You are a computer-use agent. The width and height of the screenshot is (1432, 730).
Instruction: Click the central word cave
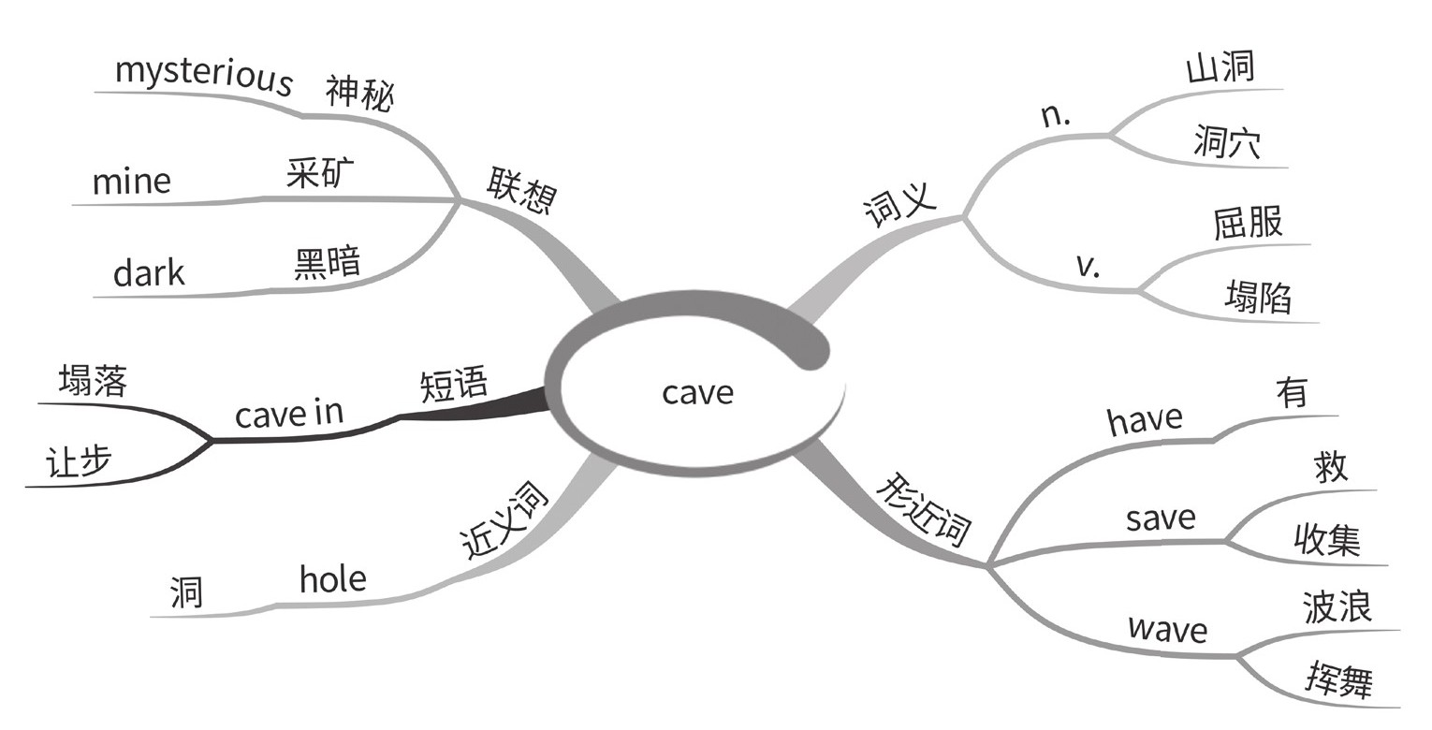pyautogui.click(x=697, y=392)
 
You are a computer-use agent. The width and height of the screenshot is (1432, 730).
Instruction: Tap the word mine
pyautogui.click(x=131, y=180)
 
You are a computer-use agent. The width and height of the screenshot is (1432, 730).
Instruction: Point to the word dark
pyautogui.click(x=149, y=273)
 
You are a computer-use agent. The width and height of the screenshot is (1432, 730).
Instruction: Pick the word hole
pyautogui.click(x=332, y=580)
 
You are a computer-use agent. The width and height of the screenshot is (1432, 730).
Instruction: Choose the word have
pyautogui.click(x=1145, y=419)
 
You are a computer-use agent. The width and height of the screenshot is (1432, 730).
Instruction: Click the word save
pyautogui.click(x=1161, y=518)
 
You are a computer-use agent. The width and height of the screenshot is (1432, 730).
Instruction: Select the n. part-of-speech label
pyautogui.click(x=1056, y=115)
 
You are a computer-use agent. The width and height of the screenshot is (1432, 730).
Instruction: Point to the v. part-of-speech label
pyautogui.click(x=1088, y=266)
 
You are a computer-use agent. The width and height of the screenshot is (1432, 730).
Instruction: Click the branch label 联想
pyautogui.click(x=520, y=191)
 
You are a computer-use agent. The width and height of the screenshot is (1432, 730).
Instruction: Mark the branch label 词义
pyautogui.click(x=899, y=205)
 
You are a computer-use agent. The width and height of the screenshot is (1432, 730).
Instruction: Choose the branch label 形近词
pyautogui.click(x=924, y=511)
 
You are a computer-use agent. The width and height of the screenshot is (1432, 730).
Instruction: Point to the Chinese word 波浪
pyautogui.click(x=1337, y=606)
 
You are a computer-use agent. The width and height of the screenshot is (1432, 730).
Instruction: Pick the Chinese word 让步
pyautogui.click(x=79, y=462)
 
